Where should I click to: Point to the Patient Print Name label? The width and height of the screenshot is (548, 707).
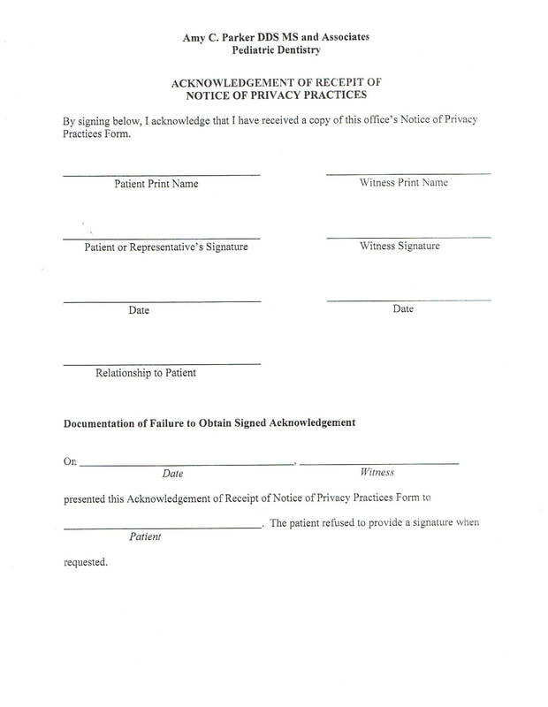coord(156,184)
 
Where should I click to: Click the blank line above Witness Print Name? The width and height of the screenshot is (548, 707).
coord(408,173)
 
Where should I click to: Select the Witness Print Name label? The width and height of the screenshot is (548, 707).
coord(403,183)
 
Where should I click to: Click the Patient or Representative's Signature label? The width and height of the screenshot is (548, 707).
coord(166,247)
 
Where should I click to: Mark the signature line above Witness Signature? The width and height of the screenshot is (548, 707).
coord(408,237)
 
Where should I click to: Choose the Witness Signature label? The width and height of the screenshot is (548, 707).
coord(400,247)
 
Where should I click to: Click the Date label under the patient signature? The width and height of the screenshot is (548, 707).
coord(139,311)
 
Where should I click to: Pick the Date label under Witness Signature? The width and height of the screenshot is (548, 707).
coord(403,309)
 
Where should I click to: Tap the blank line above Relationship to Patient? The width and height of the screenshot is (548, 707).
coord(162,364)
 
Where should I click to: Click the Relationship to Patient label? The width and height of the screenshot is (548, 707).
coord(146,373)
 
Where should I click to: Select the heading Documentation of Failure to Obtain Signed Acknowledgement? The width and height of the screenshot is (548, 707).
coord(209,422)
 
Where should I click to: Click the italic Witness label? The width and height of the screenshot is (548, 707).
coord(377,473)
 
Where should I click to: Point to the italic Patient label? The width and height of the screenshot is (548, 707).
coord(145,536)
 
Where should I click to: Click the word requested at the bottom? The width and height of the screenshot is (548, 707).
coord(86,562)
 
